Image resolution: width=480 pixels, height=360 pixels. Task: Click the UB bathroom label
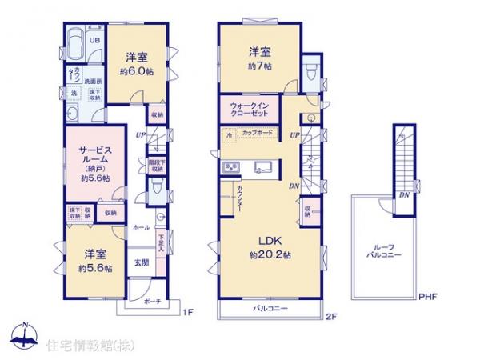click(94, 40)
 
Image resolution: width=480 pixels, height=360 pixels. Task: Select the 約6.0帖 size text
click(137, 70)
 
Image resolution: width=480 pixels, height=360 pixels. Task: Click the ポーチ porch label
click(153, 302)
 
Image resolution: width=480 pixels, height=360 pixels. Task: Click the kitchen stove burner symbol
click(230, 167)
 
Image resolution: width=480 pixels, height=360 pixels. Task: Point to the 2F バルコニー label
click(270, 308)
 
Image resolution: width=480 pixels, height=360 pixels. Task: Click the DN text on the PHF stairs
click(405, 195)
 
